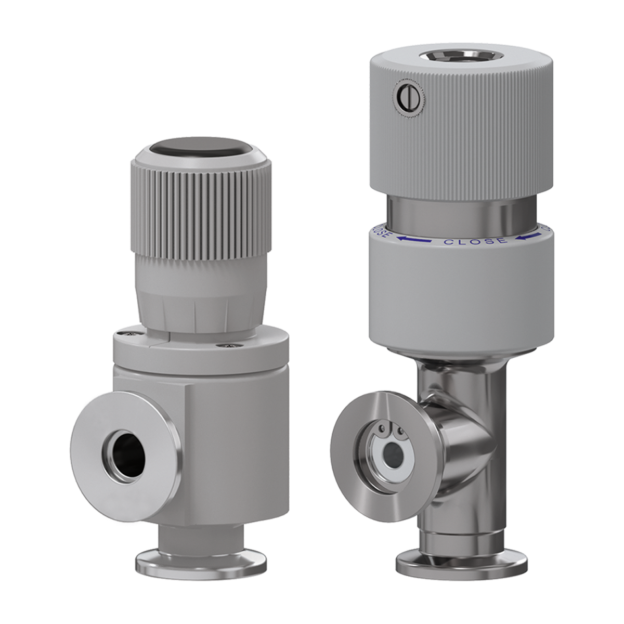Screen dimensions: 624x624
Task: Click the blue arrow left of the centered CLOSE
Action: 414,239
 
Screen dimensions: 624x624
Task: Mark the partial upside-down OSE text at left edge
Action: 381,233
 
